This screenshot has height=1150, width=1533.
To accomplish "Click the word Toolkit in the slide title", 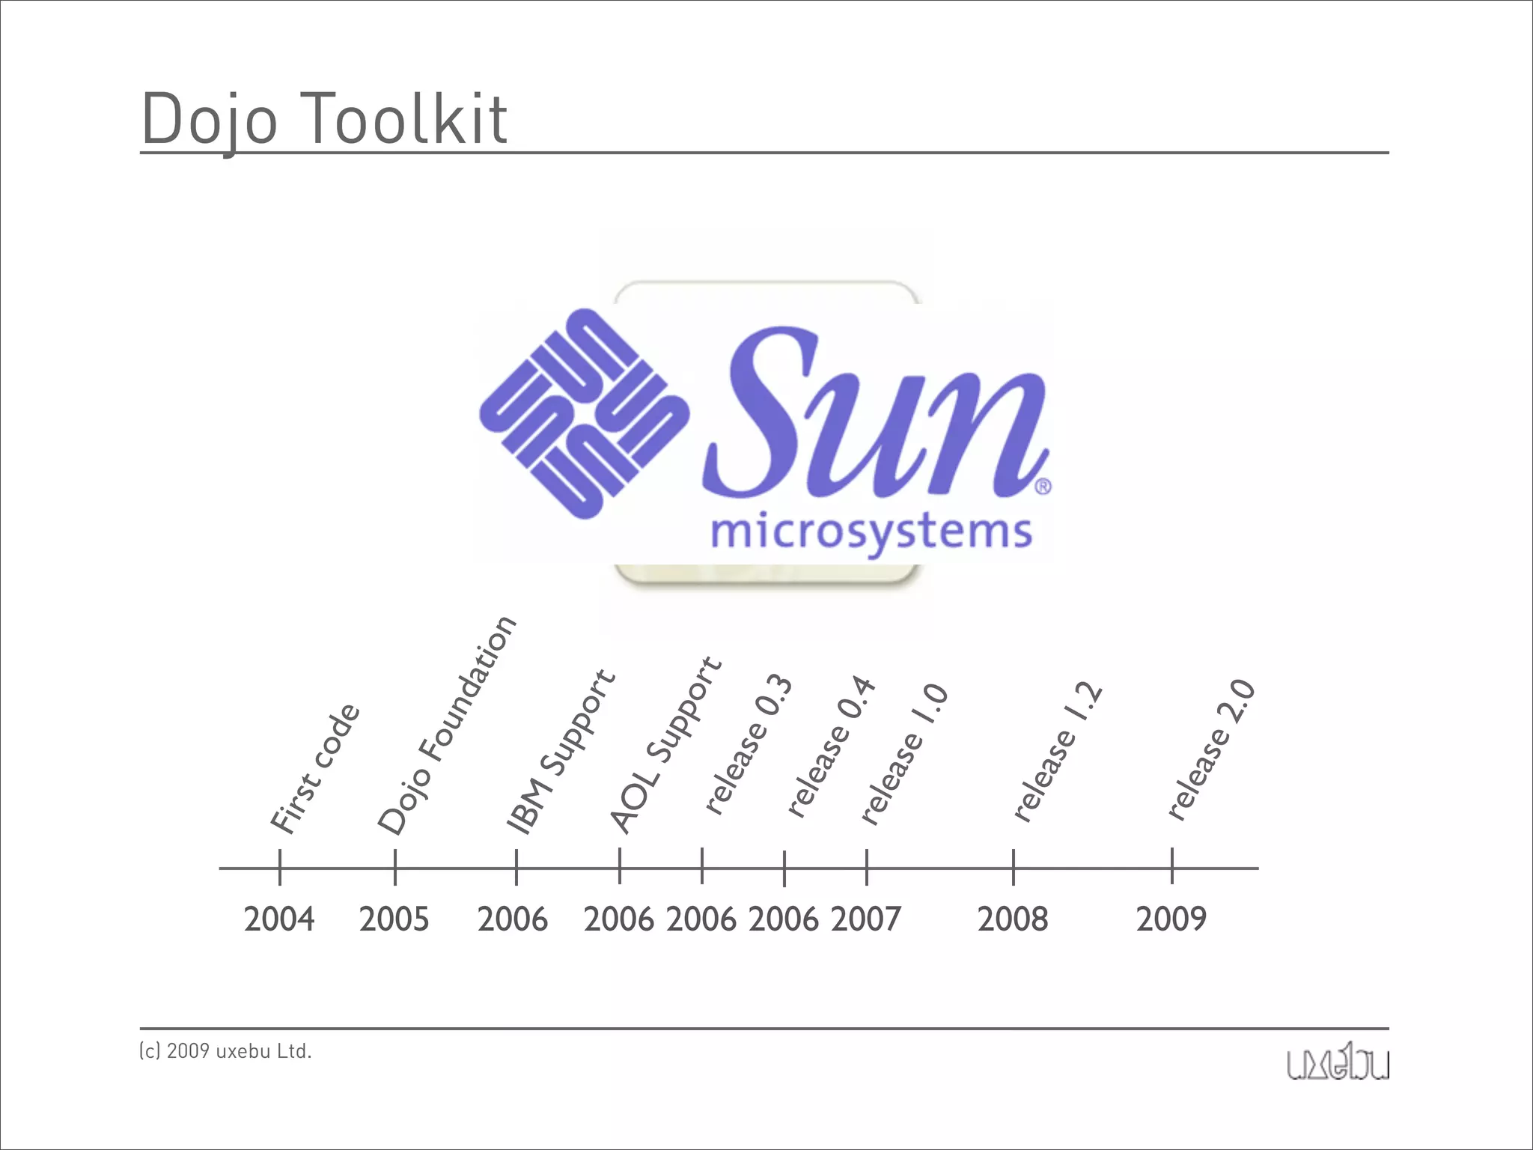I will (x=408, y=118).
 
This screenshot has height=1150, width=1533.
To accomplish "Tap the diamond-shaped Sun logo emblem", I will (x=585, y=413).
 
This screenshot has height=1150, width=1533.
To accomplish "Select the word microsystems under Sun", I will (x=871, y=533).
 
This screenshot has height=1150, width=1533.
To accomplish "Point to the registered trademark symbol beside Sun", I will (x=1043, y=487).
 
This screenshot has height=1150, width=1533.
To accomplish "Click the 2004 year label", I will (x=279, y=919).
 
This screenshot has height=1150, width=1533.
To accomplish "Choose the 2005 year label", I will (x=394, y=919).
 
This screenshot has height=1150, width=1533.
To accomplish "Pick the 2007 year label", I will (x=866, y=919).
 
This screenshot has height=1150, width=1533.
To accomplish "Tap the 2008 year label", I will (x=1013, y=919).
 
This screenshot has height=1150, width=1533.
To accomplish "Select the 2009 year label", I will (x=1171, y=919).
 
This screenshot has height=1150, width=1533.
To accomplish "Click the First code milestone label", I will (x=315, y=769).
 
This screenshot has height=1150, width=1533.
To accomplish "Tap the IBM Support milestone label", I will (x=561, y=752).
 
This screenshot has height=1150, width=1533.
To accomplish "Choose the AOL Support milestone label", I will (x=665, y=746).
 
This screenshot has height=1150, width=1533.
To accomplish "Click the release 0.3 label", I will (x=749, y=744).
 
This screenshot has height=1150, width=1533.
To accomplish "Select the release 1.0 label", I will (x=905, y=754).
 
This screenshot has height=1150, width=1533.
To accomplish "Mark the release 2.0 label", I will (x=1211, y=749).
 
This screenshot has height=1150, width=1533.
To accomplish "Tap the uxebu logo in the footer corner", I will (x=1338, y=1064).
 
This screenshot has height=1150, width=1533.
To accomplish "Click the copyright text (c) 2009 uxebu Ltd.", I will (x=225, y=1052).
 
